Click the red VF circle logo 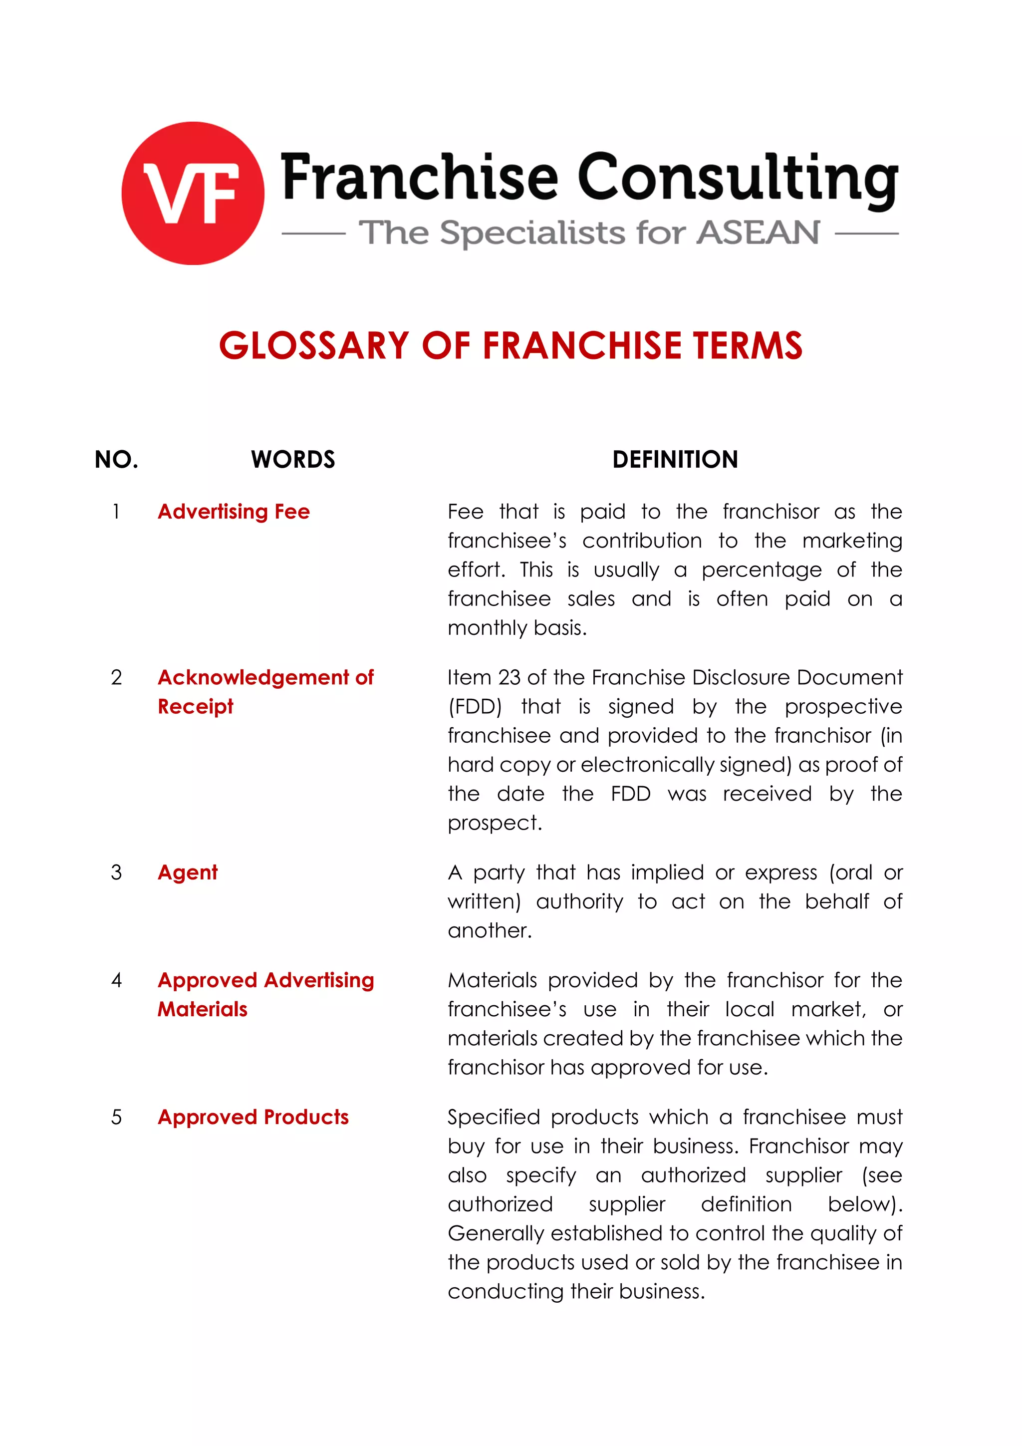pos(193,193)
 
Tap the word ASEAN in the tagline pos(758,233)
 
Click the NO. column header pos(116,460)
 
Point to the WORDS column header pos(293,460)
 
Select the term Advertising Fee pos(234,512)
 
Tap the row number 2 pos(116,678)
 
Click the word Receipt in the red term pos(195,707)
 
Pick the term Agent pos(188,872)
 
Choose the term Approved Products pos(253,1117)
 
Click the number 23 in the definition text pos(510,678)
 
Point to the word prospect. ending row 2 pos(495,823)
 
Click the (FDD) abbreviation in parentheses pos(475,707)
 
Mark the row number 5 pos(116,1117)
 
